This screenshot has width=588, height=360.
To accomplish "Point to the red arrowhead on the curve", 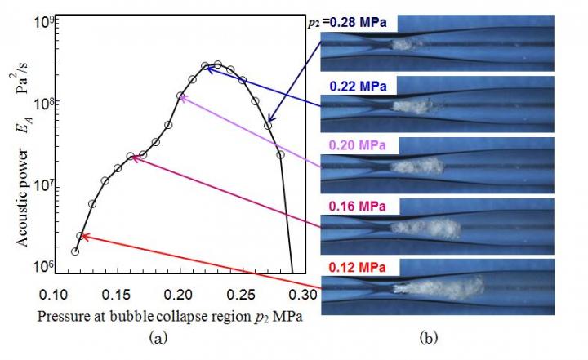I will [x=82, y=236].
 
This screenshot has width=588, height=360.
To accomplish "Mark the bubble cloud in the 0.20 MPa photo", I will [x=416, y=166].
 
